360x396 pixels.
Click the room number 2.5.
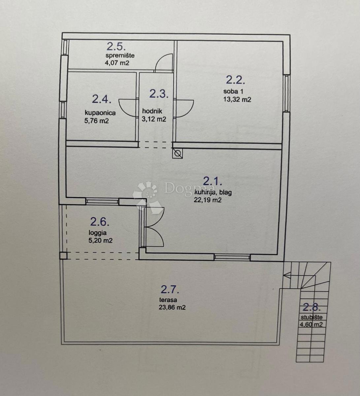point(116,47)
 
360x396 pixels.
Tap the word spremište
point(120,56)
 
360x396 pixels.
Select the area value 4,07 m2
point(117,63)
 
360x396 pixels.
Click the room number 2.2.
point(235,80)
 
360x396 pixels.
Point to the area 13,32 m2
point(237,99)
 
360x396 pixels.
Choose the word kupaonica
point(100,113)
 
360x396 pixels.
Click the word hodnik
point(152,111)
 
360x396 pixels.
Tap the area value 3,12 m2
point(154,119)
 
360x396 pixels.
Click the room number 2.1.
point(213,181)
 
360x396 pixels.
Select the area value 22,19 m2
point(207,200)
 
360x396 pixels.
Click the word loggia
point(98,233)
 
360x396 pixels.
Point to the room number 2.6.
point(100,221)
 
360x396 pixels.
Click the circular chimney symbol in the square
point(178,153)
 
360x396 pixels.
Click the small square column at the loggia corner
point(64,256)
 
